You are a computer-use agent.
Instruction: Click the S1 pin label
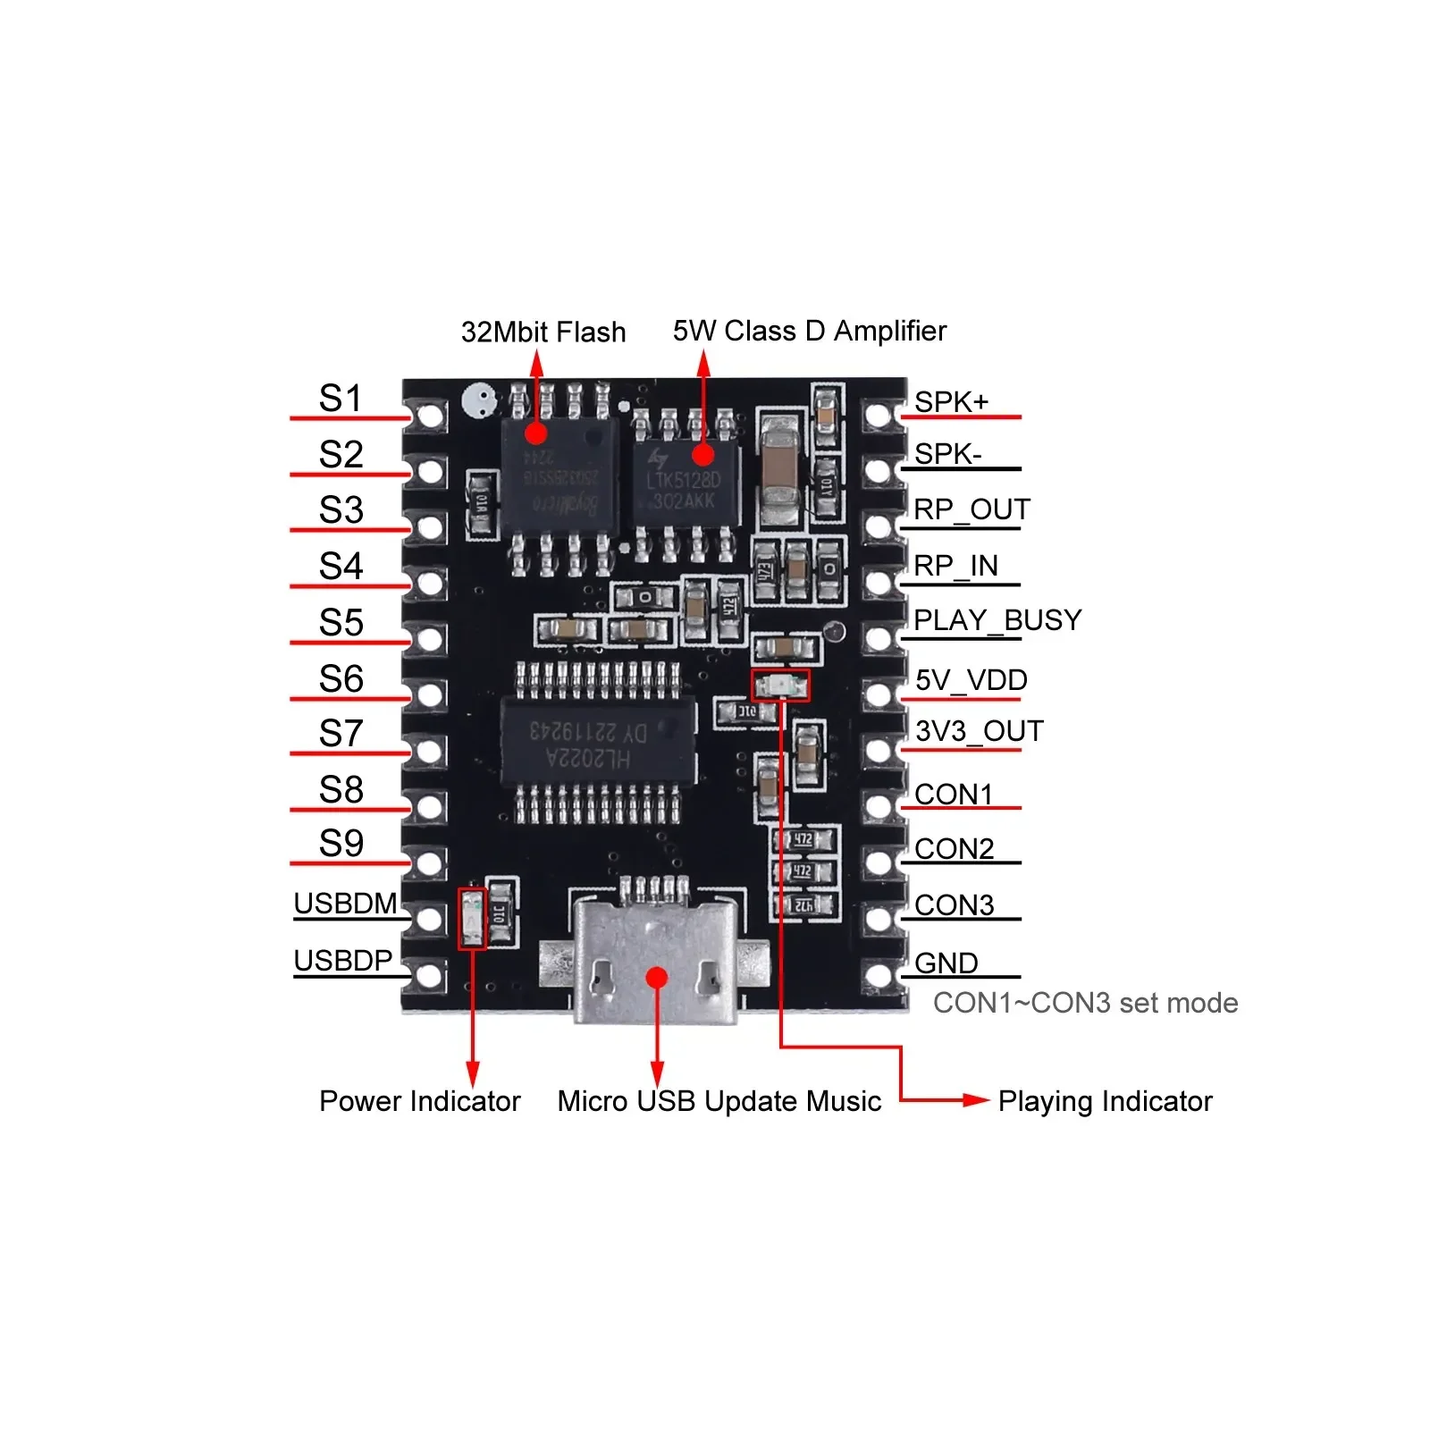pos(341,398)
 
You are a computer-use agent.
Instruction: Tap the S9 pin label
pos(341,843)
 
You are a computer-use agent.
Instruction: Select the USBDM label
pos(345,904)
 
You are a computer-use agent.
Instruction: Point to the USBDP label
pos(343,960)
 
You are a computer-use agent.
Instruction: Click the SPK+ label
pos(951,402)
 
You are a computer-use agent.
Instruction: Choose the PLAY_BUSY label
pos(997,619)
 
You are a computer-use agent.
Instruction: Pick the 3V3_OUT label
pos(979,731)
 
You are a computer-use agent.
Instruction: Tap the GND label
pos(946,963)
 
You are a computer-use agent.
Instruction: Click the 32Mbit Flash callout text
pos(543,332)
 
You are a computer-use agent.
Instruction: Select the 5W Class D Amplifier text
pos(809,331)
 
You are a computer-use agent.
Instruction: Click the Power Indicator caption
pos(419,1101)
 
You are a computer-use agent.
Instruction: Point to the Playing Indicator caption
pos(1105,1101)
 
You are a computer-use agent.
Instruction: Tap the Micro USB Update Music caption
pos(719,1101)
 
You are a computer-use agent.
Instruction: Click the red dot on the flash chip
pos(536,433)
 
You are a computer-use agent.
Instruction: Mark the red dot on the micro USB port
pos(657,977)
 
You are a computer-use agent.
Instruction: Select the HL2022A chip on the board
pos(597,744)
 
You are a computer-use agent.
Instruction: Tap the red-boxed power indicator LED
pos(472,918)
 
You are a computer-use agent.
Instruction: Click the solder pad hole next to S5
pos(431,639)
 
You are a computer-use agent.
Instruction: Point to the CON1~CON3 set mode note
pos(1085,1003)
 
